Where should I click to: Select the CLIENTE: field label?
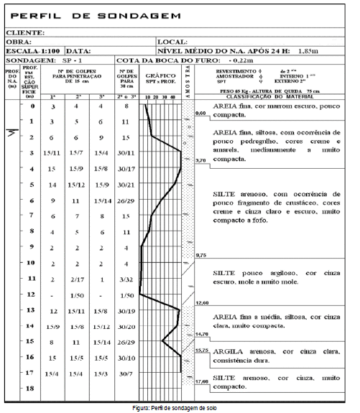(x=26, y=32)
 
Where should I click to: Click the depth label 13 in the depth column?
(x=29, y=310)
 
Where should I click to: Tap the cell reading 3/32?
(x=126, y=279)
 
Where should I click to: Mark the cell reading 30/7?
(x=126, y=373)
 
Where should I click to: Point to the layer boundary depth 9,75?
(x=202, y=255)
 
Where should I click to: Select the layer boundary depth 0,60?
(x=201, y=113)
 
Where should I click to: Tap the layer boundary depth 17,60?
(x=203, y=381)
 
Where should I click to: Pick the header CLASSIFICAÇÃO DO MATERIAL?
(x=272, y=95)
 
